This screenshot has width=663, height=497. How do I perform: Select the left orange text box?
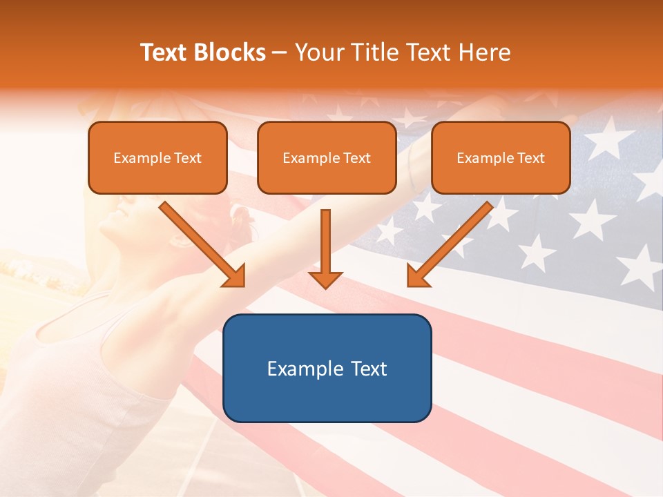point(157,157)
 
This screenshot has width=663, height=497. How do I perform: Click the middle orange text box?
point(327,157)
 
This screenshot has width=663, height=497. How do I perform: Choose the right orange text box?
point(501,157)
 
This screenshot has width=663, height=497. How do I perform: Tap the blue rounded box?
point(327,368)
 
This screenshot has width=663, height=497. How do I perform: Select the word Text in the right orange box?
point(530,158)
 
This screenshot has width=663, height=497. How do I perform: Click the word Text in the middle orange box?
point(356,158)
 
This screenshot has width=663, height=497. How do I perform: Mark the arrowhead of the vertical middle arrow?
point(325,278)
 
